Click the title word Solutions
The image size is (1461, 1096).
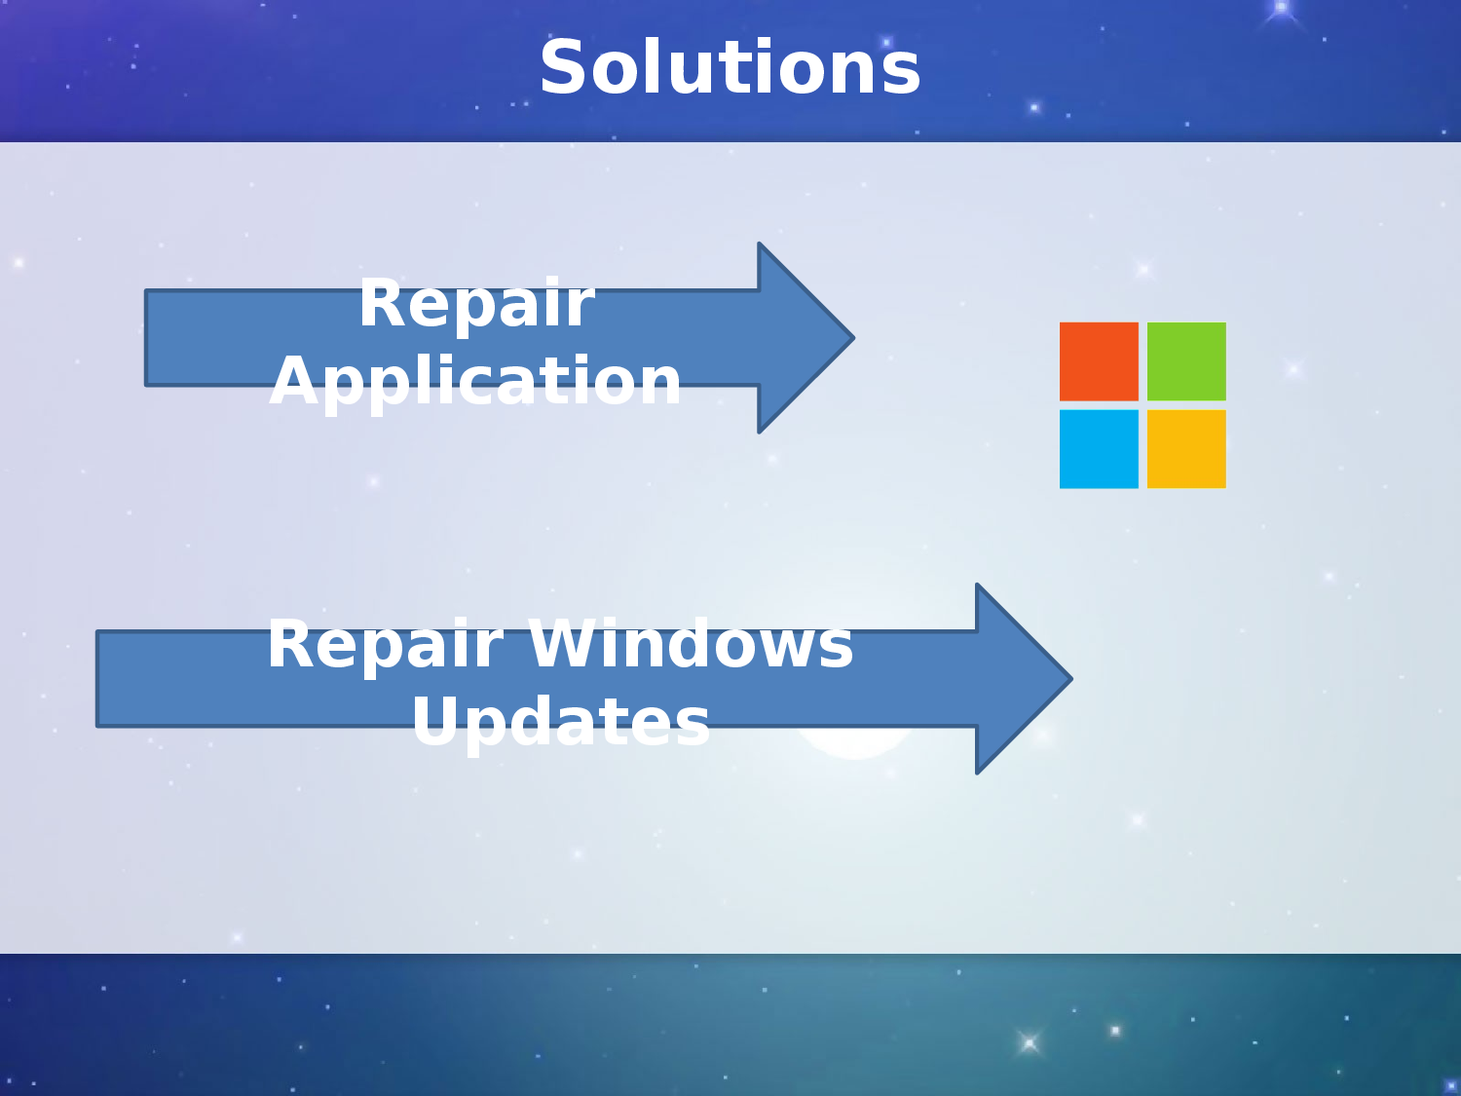coord(730,68)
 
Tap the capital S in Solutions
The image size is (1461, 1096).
coord(562,68)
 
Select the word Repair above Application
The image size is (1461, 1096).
coord(476,303)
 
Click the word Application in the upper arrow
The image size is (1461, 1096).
coord(476,381)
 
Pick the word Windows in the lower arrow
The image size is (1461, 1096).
coord(691,644)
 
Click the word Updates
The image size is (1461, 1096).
coord(561,722)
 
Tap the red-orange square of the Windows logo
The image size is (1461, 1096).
coord(1099,361)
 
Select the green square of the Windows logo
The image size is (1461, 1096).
coord(1186,361)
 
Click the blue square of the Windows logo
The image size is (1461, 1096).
coord(1099,449)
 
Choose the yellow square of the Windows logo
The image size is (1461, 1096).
coord(1186,449)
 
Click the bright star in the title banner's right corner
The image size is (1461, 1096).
coord(1281,8)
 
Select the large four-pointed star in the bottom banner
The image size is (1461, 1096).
coord(1029,1043)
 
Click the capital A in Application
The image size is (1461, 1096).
coord(293,381)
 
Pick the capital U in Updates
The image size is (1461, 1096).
coord(435,722)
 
